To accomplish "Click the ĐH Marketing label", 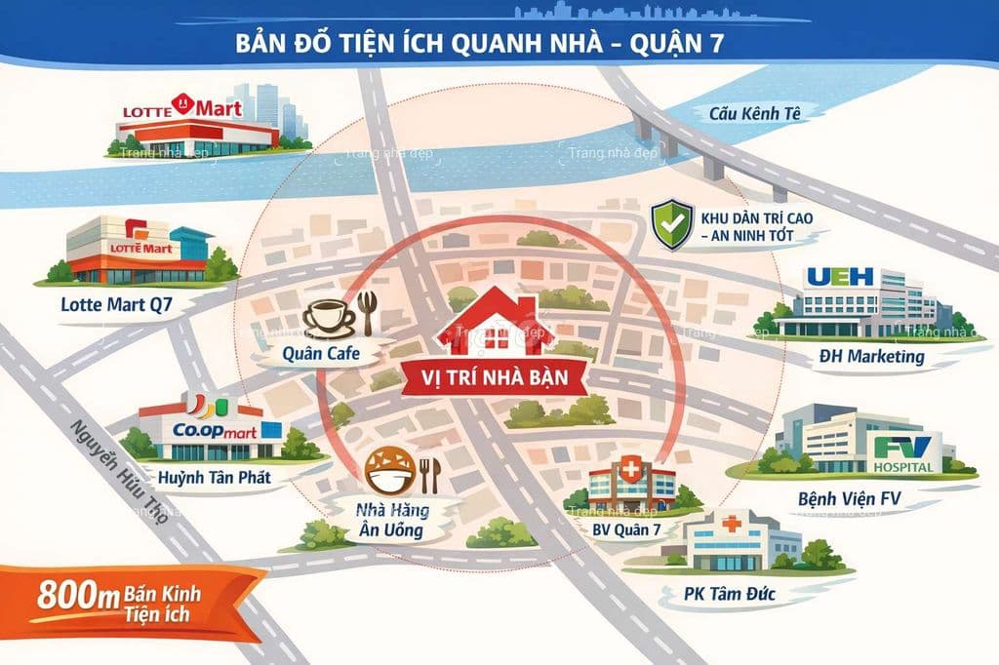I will (x=871, y=357).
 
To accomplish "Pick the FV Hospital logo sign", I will (x=904, y=453).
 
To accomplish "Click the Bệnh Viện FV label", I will (x=848, y=499).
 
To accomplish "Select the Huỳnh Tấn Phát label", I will (x=213, y=478).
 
